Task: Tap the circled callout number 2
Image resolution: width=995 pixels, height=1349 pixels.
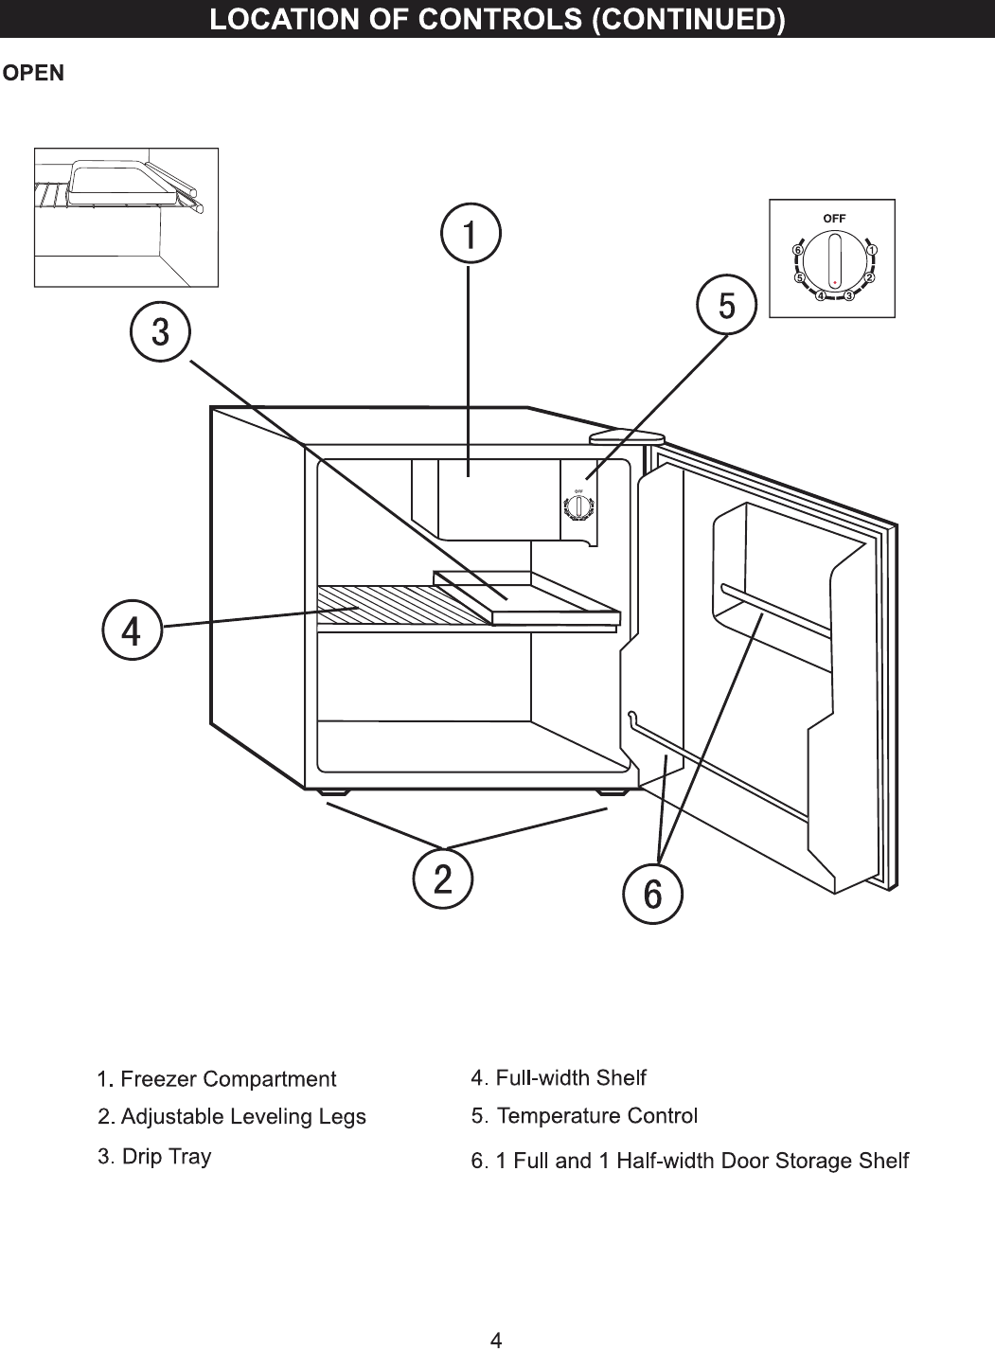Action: (x=442, y=879)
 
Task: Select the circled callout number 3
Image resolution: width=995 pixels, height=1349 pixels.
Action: (x=161, y=332)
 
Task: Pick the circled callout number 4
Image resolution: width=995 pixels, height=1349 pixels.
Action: (x=133, y=630)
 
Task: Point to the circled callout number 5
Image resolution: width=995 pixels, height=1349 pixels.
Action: (x=725, y=306)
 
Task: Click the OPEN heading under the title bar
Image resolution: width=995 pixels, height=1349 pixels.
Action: (x=34, y=74)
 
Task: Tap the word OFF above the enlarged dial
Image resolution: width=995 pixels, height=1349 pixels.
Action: (x=834, y=218)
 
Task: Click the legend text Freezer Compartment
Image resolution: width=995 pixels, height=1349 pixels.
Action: (x=228, y=1079)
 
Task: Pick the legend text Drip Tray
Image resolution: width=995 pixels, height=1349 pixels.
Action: (x=167, y=1156)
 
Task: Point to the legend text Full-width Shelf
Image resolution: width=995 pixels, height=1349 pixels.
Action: (x=571, y=1077)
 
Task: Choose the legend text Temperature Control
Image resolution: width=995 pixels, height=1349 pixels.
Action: (x=596, y=1116)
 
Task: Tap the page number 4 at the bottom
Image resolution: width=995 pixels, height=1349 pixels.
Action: (x=496, y=1339)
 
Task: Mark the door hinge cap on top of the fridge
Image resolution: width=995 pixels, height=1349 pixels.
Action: (x=627, y=436)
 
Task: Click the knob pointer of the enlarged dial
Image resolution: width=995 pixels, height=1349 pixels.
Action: (x=834, y=261)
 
